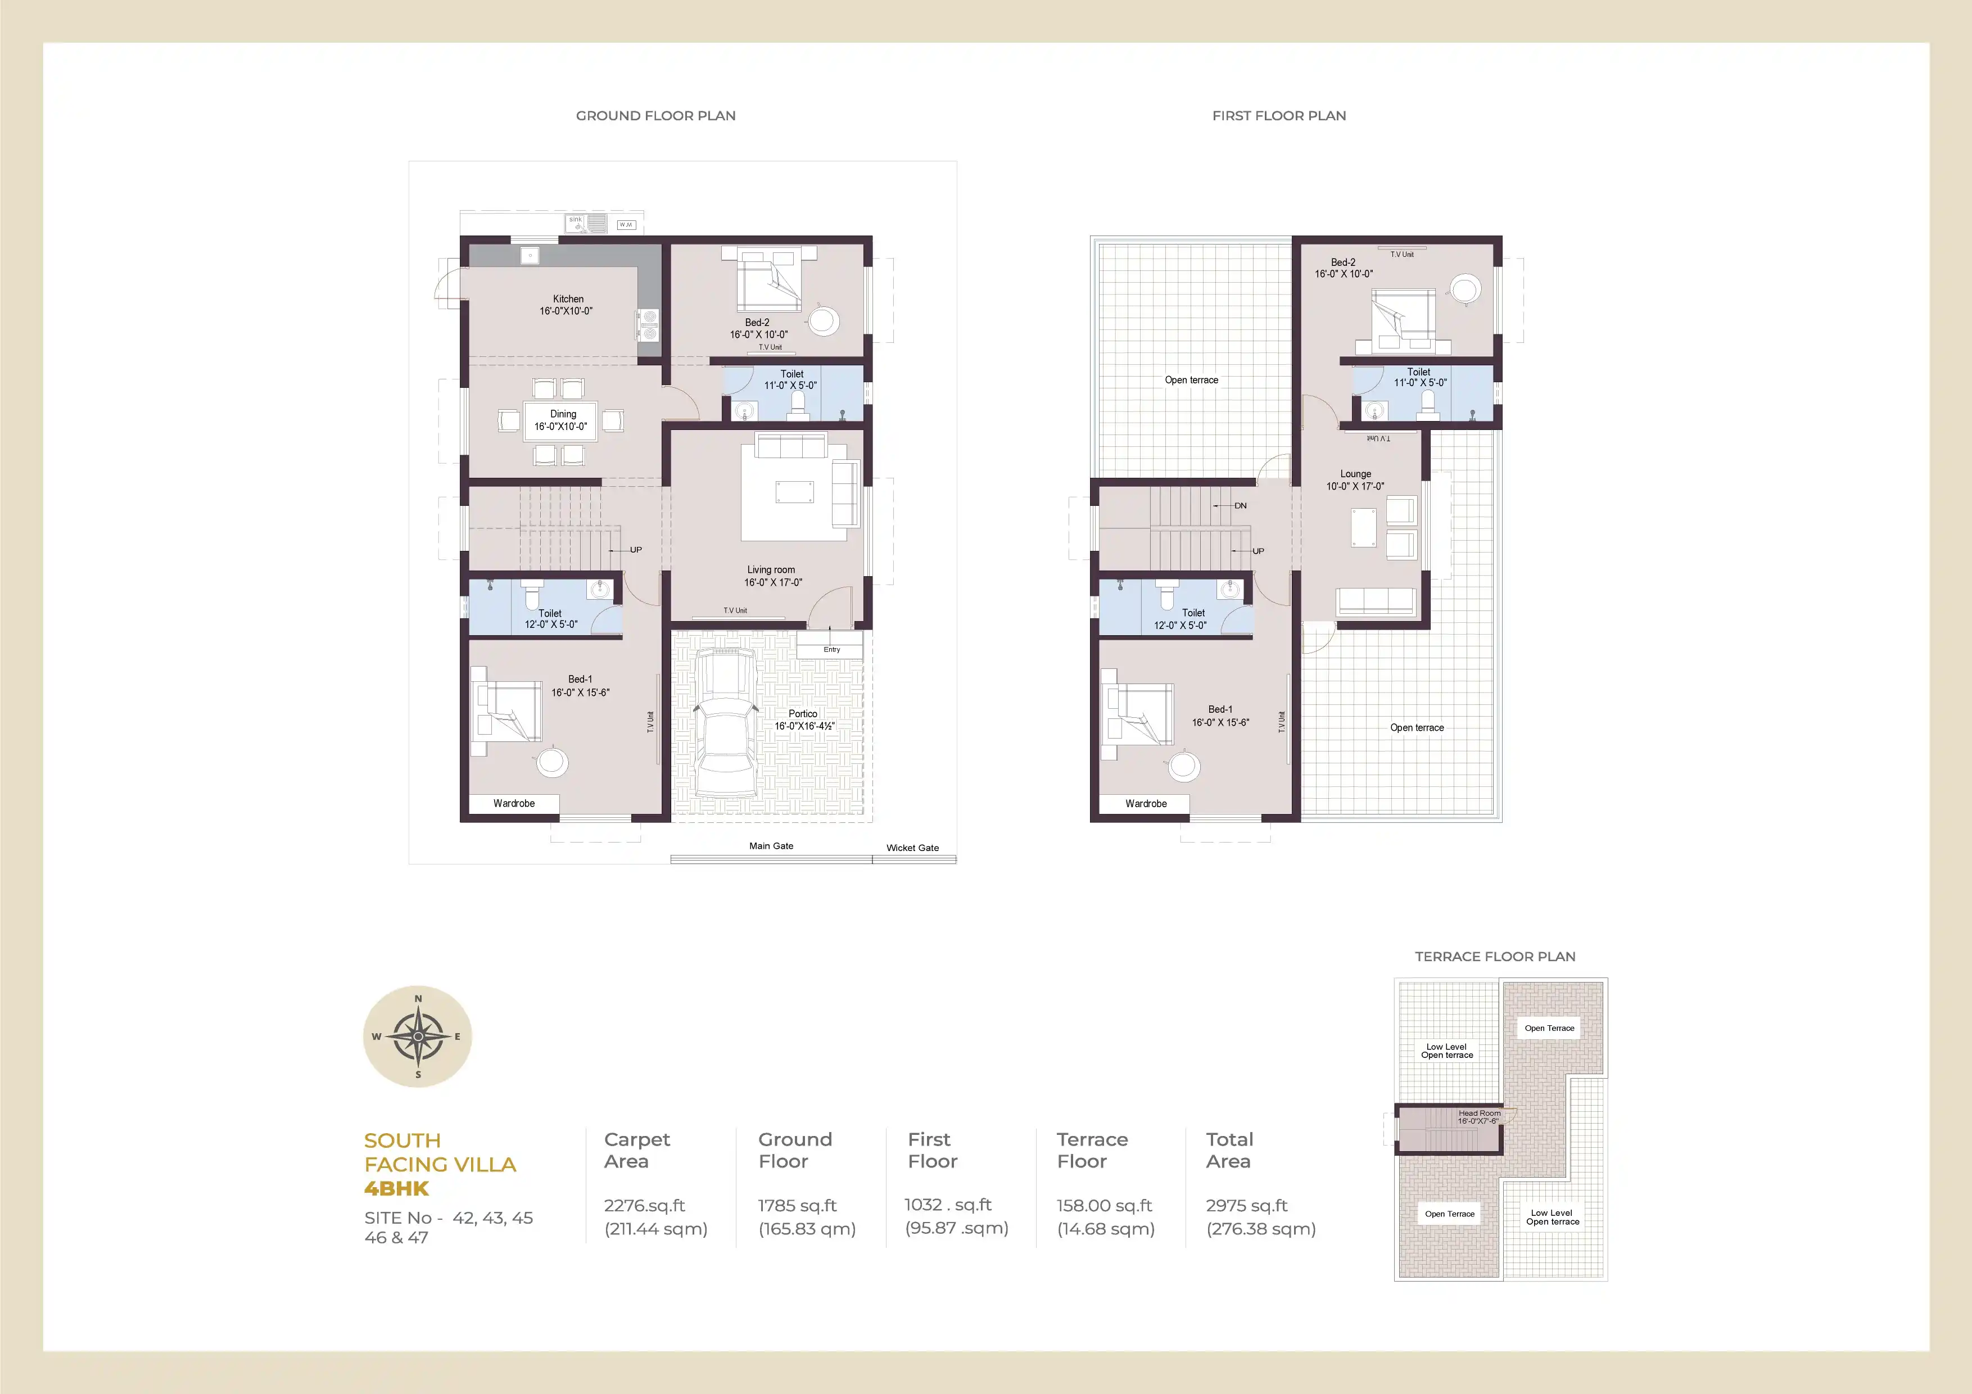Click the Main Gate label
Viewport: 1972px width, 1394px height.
tap(771, 846)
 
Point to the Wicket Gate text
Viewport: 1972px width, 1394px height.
tap(912, 848)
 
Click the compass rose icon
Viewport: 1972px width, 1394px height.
tap(418, 1036)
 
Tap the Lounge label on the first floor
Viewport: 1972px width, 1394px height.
tap(1355, 474)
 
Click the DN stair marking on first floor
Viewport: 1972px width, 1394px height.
tap(1240, 506)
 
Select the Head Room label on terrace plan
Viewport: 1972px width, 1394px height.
tap(1479, 1113)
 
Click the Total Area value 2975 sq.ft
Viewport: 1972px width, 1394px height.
tap(1246, 1206)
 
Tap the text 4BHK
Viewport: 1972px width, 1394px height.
tap(396, 1189)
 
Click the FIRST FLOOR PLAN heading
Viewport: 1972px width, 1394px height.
tap(1279, 116)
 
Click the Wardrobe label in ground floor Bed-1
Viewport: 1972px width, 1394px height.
tap(514, 804)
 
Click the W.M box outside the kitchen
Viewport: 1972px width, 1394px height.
tap(626, 225)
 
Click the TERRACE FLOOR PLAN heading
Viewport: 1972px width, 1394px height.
tap(1495, 957)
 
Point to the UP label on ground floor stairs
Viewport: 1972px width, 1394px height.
tap(636, 550)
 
